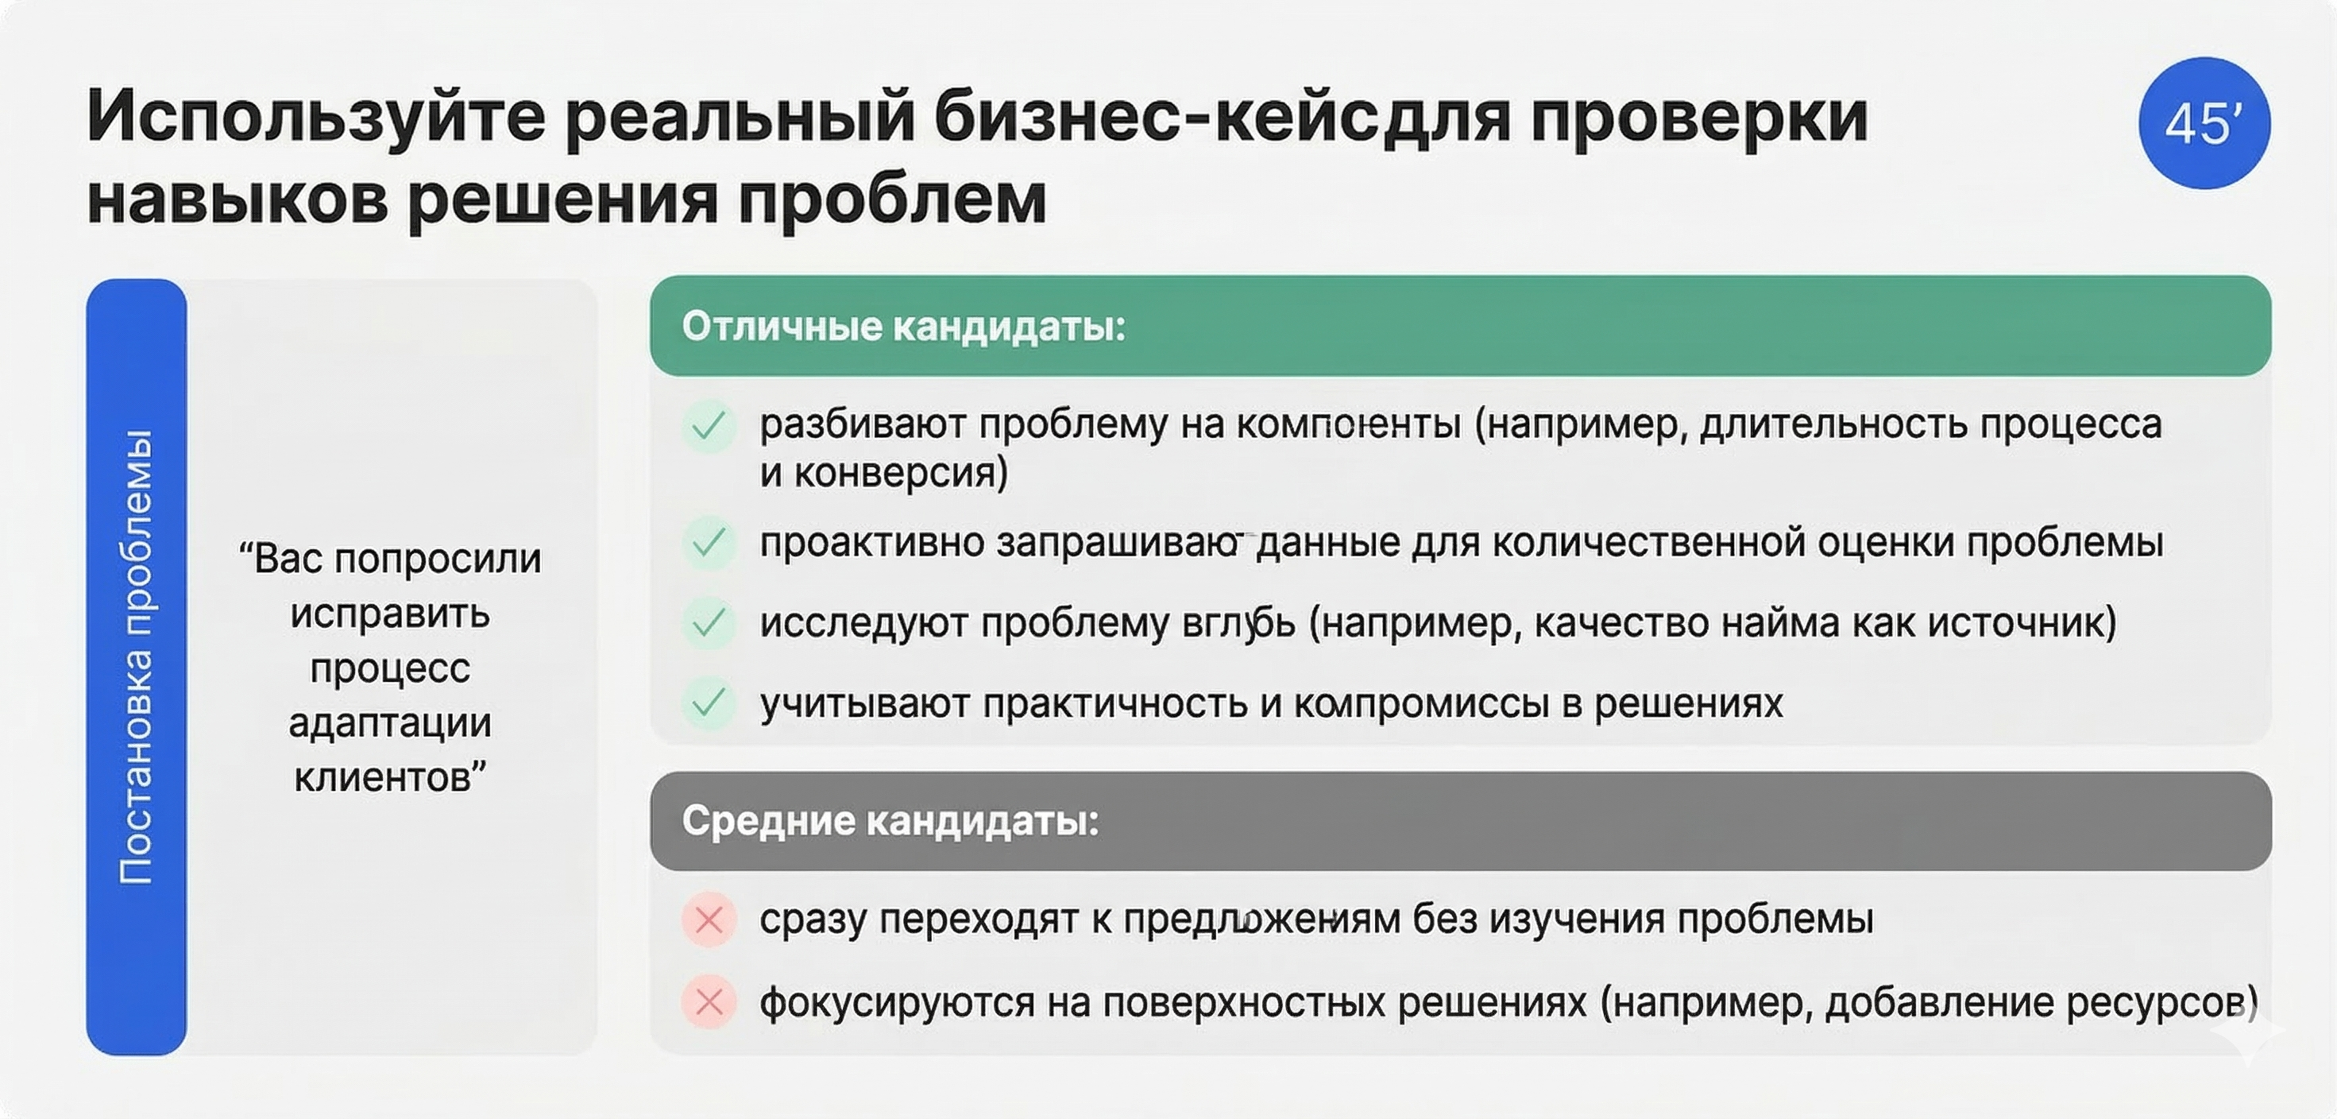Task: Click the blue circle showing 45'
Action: coord(2204,123)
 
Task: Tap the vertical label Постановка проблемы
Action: coord(136,657)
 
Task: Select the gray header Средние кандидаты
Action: coord(890,820)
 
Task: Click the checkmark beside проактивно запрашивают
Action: coord(708,543)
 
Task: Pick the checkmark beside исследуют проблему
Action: coord(708,622)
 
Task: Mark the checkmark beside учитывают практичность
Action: coord(708,703)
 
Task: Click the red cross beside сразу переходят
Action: coord(709,920)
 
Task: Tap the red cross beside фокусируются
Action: coord(709,1002)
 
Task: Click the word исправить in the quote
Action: coord(390,614)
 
